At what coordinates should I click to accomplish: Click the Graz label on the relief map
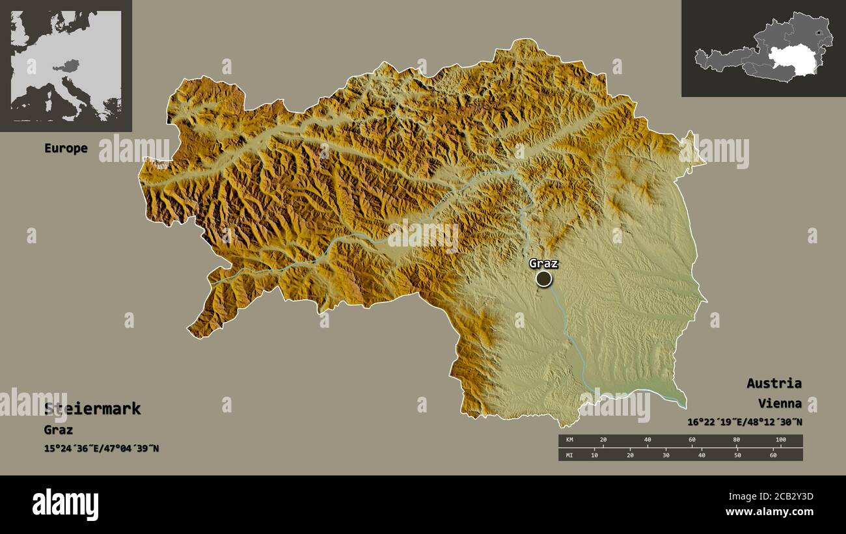pyautogui.click(x=543, y=263)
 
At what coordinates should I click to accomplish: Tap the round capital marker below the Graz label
pyautogui.click(x=543, y=279)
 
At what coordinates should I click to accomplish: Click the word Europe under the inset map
pyautogui.click(x=66, y=148)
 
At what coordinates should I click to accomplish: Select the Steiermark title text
pyautogui.click(x=92, y=409)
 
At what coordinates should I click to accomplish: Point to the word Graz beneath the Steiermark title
pyautogui.click(x=59, y=430)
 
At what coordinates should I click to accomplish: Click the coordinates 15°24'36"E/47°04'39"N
pyautogui.click(x=102, y=449)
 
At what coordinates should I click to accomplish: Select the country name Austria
pyautogui.click(x=774, y=383)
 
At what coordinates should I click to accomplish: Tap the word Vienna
pyautogui.click(x=780, y=404)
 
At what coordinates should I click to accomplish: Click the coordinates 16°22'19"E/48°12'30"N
pyautogui.click(x=744, y=422)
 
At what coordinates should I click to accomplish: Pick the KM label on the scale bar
pyautogui.click(x=569, y=440)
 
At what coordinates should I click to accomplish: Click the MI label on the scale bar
pyautogui.click(x=569, y=455)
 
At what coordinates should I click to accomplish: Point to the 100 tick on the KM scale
pyautogui.click(x=780, y=440)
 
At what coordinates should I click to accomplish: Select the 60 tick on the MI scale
pyautogui.click(x=773, y=455)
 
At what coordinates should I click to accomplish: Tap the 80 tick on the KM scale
pyautogui.click(x=736, y=440)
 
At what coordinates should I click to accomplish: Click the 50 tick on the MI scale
pyautogui.click(x=737, y=455)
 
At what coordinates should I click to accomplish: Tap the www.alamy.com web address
pyautogui.click(x=770, y=512)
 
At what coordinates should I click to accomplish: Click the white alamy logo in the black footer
pyautogui.click(x=65, y=505)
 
